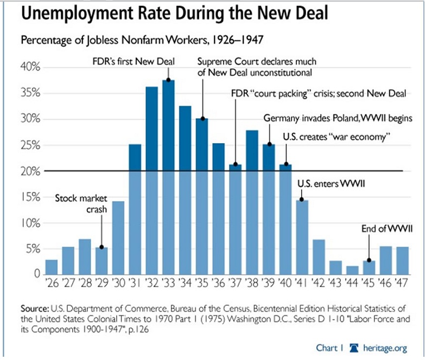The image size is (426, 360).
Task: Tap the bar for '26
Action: (52, 267)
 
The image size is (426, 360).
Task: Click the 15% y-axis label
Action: (31, 197)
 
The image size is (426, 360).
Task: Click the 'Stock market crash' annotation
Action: (80, 204)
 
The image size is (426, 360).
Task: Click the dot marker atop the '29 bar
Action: (101, 248)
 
